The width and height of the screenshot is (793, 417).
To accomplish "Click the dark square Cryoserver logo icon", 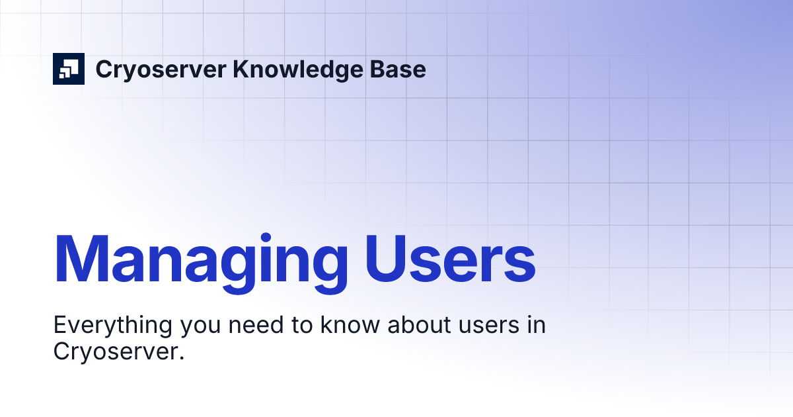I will (x=69, y=69).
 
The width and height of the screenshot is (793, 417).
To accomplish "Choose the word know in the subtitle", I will (x=332, y=326).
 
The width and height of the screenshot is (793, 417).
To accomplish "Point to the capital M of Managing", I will (x=81, y=259).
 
